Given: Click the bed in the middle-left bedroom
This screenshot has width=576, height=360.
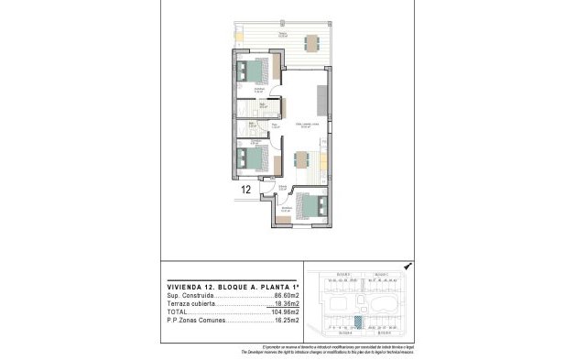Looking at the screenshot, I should click(252, 158).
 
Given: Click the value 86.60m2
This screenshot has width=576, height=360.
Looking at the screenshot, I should click(288, 296).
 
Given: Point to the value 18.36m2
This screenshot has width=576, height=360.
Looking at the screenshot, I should click(288, 304).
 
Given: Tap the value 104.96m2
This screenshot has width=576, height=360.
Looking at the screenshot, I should click(286, 312).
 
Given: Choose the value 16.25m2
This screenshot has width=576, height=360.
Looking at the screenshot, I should click(288, 321).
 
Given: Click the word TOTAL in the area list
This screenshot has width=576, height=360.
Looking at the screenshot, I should click(178, 312).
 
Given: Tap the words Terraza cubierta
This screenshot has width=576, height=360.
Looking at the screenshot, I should click(191, 304).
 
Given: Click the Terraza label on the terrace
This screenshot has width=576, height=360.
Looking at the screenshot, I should click(283, 34).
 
